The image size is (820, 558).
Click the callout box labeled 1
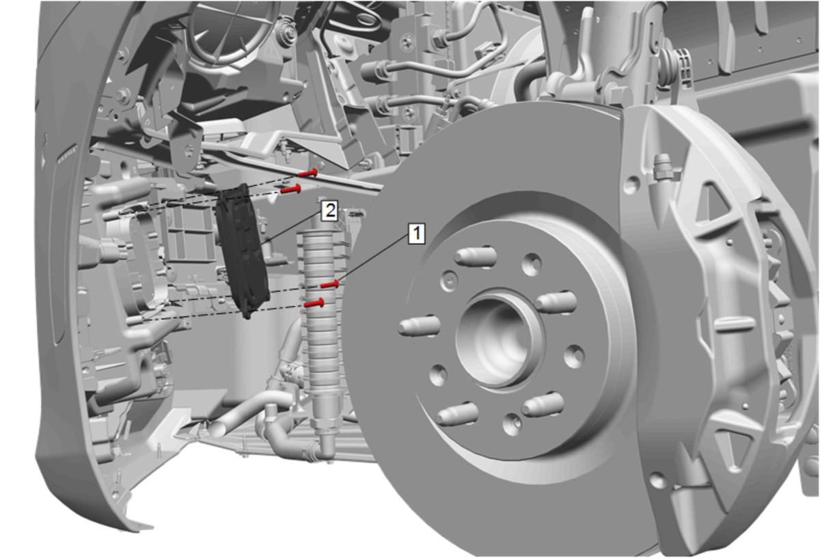[x=417, y=234]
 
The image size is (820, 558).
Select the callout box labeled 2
[x=329, y=211]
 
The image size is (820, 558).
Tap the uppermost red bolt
[x=308, y=173]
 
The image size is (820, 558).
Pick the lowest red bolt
[x=314, y=303]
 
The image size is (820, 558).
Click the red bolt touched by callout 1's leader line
[x=330, y=284]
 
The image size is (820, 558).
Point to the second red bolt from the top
[x=291, y=189]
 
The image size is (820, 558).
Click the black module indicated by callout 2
[x=243, y=251]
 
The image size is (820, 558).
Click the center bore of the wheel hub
[x=499, y=339]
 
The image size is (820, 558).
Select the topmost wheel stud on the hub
[x=476, y=255]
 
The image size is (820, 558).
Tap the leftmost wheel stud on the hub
[x=419, y=325]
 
